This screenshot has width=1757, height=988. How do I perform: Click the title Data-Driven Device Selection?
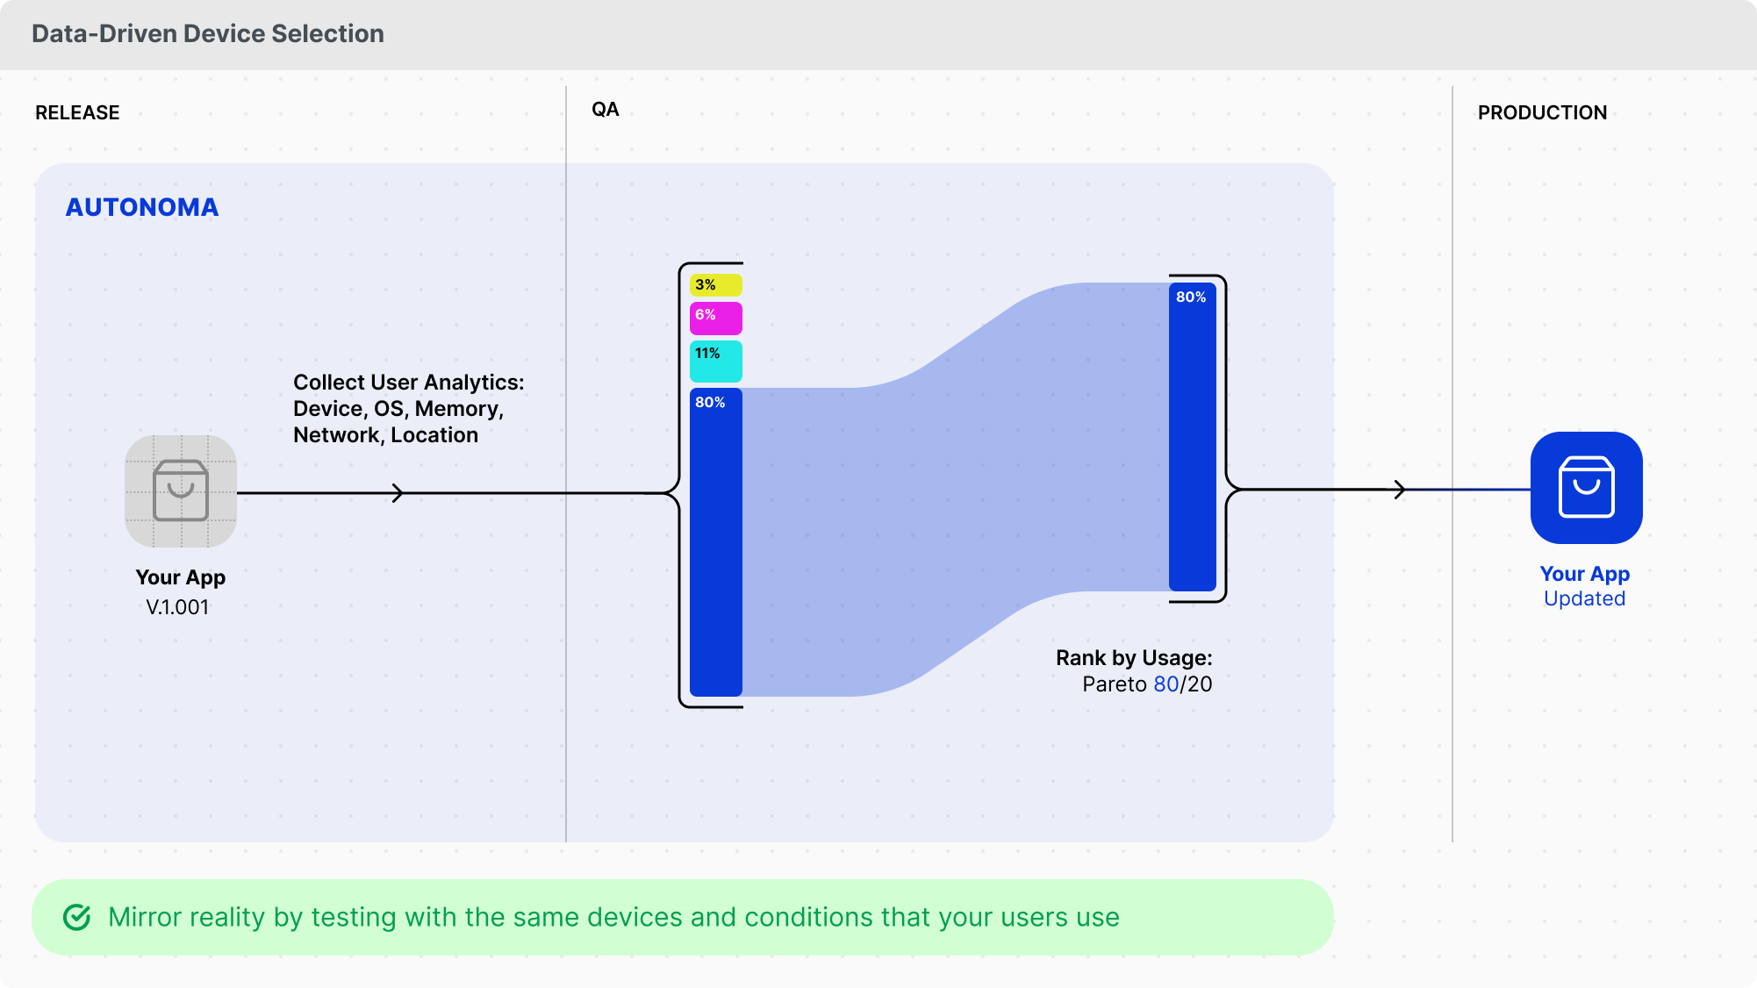pyautogui.click(x=208, y=33)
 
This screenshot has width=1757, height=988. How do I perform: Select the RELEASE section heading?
pyautogui.click(x=77, y=113)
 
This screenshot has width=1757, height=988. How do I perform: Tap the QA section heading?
pyautogui.click(x=605, y=110)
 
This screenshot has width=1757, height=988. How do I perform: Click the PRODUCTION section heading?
pyautogui.click(x=1542, y=113)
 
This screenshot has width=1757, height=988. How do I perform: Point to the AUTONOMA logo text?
pyautogui.click(x=142, y=207)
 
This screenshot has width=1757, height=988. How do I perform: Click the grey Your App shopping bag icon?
pyautogui.click(x=181, y=490)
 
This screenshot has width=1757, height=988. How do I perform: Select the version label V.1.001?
pyautogui.click(x=177, y=607)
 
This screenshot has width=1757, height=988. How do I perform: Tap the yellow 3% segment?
pyautogui.click(x=716, y=285)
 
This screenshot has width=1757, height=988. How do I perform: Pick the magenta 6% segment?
pyautogui.click(x=716, y=318)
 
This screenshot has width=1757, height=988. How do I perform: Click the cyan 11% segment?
pyautogui.click(x=716, y=361)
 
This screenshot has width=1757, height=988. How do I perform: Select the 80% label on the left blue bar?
pyautogui.click(x=710, y=403)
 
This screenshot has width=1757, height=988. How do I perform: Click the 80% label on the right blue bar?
pyautogui.click(x=1191, y=297)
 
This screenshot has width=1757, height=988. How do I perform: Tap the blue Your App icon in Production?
pyautogui.click(x=1586, y=488)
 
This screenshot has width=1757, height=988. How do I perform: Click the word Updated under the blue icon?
pyautogui.click(x=1584, y=599)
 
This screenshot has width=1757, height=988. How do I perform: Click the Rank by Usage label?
pyautogui.click(x=1133, y=658)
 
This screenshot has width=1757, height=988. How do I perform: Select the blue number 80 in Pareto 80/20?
pyautogui.click(x=1165, y=684)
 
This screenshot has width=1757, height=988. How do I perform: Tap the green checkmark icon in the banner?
pyautogui.click(x=77, y=918)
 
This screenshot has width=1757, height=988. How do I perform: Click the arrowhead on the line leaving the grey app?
pyautogui.click(x=398, y=493)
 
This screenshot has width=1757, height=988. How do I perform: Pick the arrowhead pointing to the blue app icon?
pyautogui.click(x=1400, y=490)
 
